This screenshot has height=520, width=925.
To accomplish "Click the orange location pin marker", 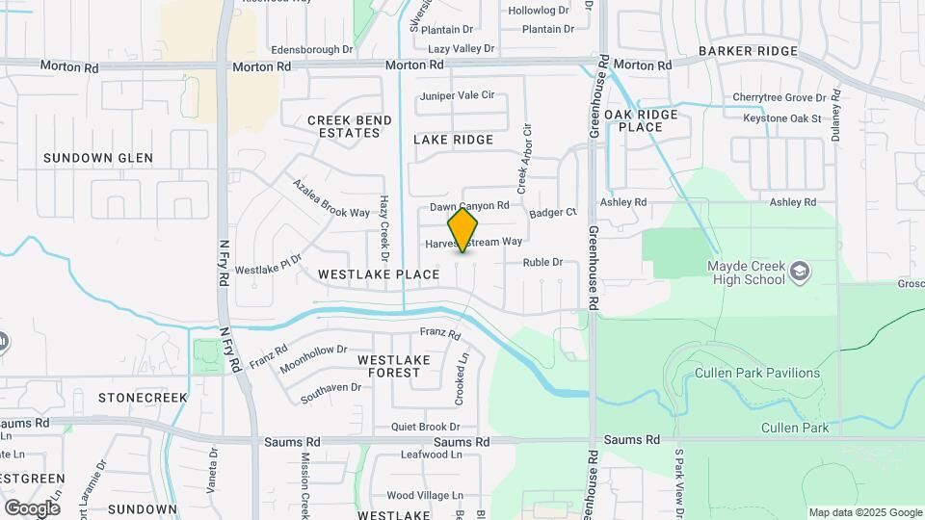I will click(462, 229).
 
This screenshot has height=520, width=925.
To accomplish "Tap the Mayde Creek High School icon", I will click(799, 273).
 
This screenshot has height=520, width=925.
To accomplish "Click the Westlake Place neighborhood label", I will click(379, 274).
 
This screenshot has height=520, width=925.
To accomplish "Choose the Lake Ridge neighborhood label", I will click(453, 140).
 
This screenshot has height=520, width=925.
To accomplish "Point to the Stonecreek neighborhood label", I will click(142, 397).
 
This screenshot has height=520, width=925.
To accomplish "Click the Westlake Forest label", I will click(389, 366).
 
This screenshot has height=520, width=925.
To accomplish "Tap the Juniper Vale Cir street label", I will click(458, 95).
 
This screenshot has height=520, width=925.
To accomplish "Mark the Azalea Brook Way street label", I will click(331, 199).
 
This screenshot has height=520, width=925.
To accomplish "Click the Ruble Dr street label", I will click(542, 262).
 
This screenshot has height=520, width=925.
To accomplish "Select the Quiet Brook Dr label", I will click(425, 427).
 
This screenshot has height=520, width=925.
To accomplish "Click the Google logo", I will click(32, 507).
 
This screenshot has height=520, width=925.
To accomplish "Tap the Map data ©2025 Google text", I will click(864, 512).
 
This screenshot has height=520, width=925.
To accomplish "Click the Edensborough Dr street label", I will click(313, 49).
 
